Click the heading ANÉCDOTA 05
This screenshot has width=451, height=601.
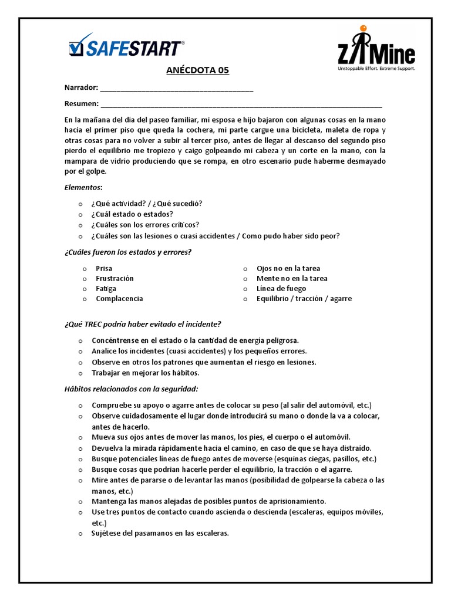pyautogui.click(x=198, y=71)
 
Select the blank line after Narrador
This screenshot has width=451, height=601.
pyautogui.click(x=177, y=89)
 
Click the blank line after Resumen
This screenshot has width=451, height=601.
pyautogui.click(x=241, y=105)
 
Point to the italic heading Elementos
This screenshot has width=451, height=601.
pyautogui.click(x=83, y=187)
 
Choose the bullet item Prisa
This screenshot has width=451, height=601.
pyautogui.click(x=104, y=268)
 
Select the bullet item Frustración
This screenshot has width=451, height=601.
pyautogui.click(x=115, y=278)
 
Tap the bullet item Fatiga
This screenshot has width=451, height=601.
pyautogui.click(x=106, y=288)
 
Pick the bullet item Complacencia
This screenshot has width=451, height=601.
pyautogui.click(x=119, y=298)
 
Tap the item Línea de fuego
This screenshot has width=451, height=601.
pyautogui.click(x=281, y=288)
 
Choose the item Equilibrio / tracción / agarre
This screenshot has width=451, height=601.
pyautogui.click(x=304, y=298)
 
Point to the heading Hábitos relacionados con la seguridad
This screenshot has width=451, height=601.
pyautogui.click(x=131, y=389)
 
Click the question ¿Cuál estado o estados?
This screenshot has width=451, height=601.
pyautogui.click(x=132, y=214)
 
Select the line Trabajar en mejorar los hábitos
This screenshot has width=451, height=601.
pyautogui.click(x=146, y=373)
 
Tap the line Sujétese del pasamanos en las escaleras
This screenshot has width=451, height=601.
pyautogui.click(x=160, y=534)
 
